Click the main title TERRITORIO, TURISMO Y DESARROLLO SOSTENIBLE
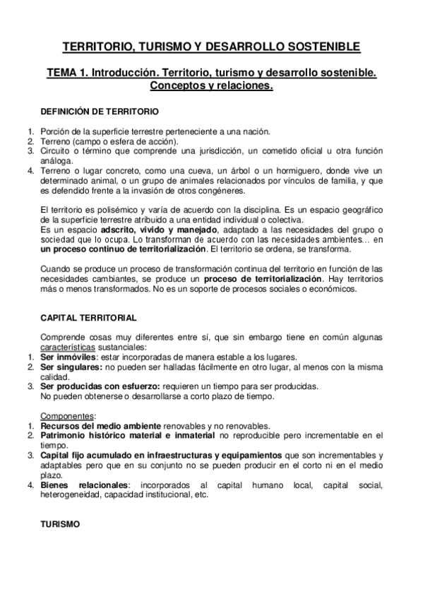click(x=211, y=47)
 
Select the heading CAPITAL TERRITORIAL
click(x=89, y=319)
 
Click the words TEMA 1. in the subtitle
click(x=67, y=73)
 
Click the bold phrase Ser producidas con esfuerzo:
click(x=101, y=386)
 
